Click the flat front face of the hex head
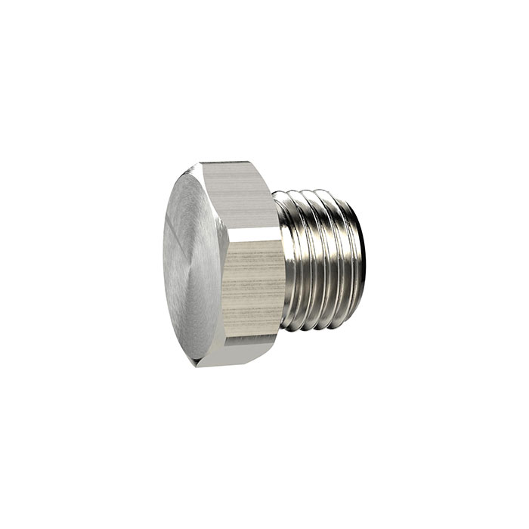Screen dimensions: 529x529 [193, 261]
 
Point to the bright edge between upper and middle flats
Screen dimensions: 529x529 [253, 229]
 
